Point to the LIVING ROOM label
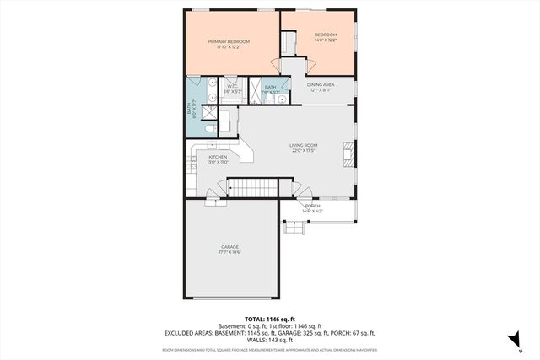coord(302,146)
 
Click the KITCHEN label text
coord(218,157)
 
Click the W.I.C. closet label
coord(232,86)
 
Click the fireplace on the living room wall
coord(348,153)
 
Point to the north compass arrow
coord(512,340)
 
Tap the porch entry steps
coord(294,226)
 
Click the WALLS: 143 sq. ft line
coord(269,341)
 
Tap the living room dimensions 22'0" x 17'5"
coord(302,151)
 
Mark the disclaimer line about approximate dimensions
coord(269,349)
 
